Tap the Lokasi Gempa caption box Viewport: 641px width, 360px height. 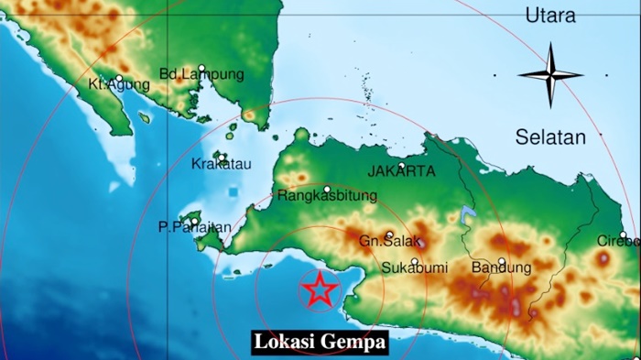[320, 343]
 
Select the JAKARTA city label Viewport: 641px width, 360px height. [401, 171]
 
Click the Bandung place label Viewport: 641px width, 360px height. [501, 268]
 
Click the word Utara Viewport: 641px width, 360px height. [550, 16]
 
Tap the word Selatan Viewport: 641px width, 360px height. [549, 137]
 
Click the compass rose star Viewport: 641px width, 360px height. [550, 75]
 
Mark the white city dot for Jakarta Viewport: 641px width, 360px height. [401, 165]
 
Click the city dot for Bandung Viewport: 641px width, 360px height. [502, 261]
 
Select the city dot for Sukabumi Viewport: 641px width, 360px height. [415, 261]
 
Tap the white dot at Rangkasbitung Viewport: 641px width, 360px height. [327, 188]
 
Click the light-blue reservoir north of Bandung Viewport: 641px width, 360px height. [469, 216]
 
